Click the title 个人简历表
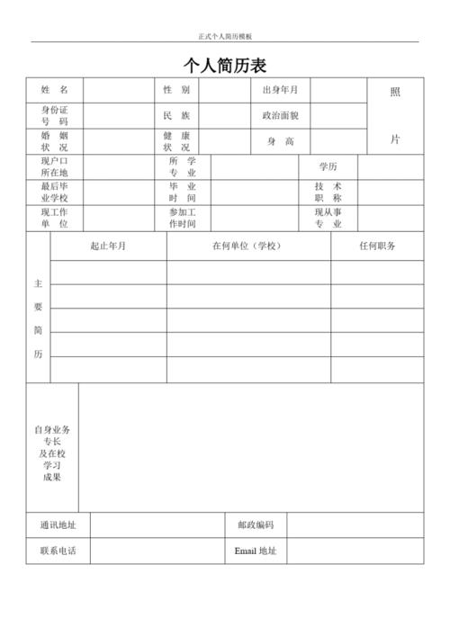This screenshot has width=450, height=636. pyautogui.click(x=225, y=66)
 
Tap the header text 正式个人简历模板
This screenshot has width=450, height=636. pyautogui.click(x=225, y=36)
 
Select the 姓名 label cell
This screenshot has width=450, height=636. pyautogui.click(x=54, y=91)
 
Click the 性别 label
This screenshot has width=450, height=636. pyautogui.click(x=176, y=91)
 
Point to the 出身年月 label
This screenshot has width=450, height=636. pyautogui.click(x=280, y=91)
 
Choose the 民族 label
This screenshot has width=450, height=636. pyautogui.click(x=176, y=116)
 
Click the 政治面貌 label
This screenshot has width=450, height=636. pyautogui.click(x=280, y=116)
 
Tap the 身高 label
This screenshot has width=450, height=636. pyautogui.click(x=280, y=141)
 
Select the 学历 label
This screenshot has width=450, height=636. pyautogui.click(x=328, y=167)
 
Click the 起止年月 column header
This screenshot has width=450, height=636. pyautogui.click(x=108, y=246)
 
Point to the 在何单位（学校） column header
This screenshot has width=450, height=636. pyautogui.click(x=247, y=246)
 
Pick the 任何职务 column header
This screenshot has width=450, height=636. pyautogui.click(x=377, y=246)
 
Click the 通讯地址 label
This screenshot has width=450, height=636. pyautogui.click(x=58, y=525)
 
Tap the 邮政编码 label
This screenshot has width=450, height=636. pyautogui.click(x=256, y=525)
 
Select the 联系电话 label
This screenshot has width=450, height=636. pyautogui.click(x=58, y=551)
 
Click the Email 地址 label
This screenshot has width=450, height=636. pyautogui.click(x=256, y=551)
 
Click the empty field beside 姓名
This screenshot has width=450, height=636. pyautogui.click(x=118, y=91)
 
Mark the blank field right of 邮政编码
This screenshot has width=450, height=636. pyautogui.click(x=355, y=525)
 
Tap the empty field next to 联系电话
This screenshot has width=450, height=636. pyautogui.click(x=157, y=551)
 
